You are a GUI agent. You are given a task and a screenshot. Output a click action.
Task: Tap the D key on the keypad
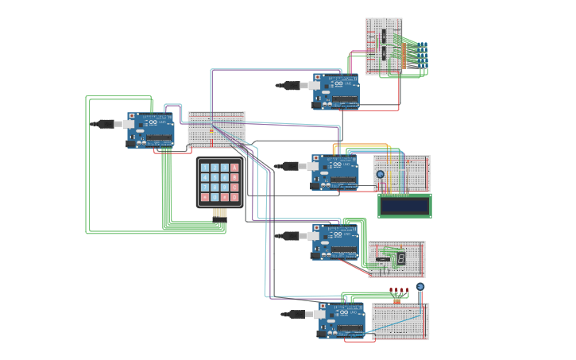235,196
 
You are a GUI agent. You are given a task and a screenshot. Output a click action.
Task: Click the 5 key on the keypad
215,177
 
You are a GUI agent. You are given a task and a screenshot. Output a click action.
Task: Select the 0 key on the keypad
215,196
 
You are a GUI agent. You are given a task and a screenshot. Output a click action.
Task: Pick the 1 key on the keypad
205,168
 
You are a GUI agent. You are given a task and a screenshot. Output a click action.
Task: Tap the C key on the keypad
235,187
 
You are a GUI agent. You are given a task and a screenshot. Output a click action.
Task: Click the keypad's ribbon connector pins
220,213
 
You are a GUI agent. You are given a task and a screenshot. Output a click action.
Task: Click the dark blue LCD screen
404,205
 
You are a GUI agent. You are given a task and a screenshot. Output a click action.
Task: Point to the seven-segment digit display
402,258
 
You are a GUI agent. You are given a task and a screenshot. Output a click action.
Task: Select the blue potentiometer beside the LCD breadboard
380,174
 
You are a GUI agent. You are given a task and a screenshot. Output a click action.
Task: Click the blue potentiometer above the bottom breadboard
420,287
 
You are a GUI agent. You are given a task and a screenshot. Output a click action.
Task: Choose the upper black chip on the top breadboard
384,37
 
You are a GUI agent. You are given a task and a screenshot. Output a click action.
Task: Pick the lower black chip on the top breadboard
384,54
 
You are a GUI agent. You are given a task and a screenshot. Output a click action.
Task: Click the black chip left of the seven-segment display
383,258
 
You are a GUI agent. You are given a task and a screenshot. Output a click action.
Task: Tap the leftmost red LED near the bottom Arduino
391,290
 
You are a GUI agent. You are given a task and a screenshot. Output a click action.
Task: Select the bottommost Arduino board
342,320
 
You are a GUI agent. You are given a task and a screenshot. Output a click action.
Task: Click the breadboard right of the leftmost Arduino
216,130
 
